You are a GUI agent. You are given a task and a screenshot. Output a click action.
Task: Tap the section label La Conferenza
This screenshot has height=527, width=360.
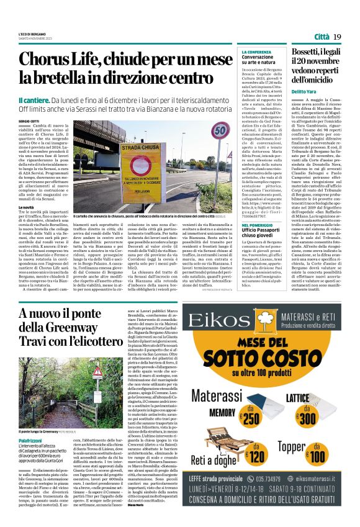256,52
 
